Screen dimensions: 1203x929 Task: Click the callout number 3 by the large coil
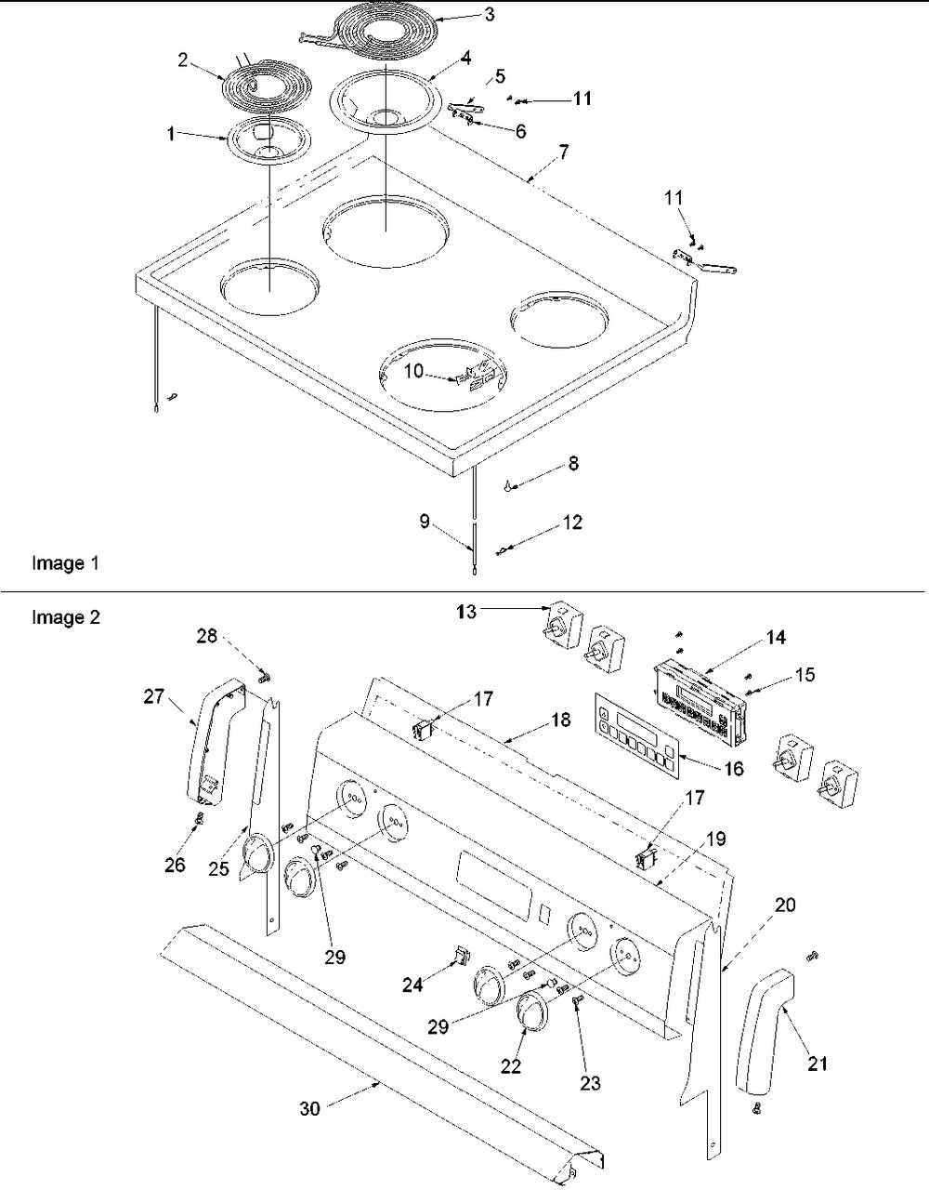click(x=490, y=14)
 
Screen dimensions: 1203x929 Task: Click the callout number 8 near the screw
click(x=572, y=463)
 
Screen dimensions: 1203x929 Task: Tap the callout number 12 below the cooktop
click(x=572, y=522)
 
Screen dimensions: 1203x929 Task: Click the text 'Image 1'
click(x=65, y=563)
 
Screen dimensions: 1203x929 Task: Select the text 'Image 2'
click(x=65, y=616)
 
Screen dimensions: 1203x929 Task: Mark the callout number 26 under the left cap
click(x=175, y=865)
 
